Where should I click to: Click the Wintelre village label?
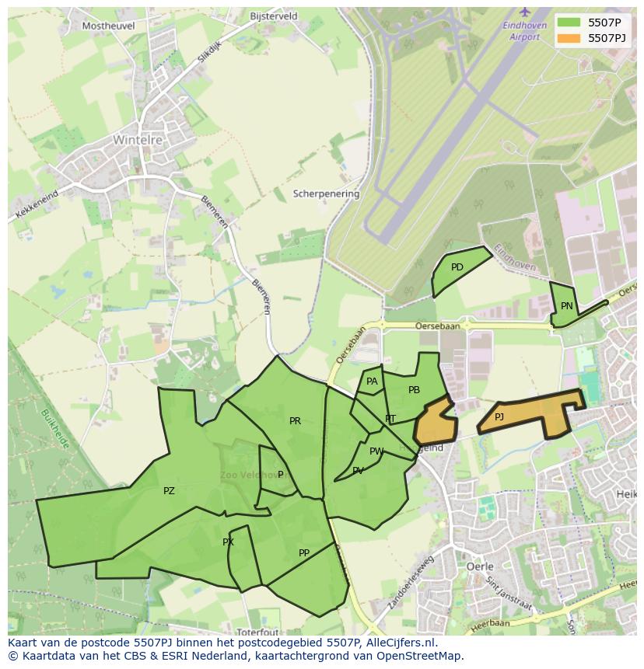coord(136,141)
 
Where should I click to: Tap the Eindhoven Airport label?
coord(521,31)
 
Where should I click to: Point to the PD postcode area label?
coord(457,267)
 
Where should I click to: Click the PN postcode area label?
coord(567,306)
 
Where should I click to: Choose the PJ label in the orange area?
coord(499,417)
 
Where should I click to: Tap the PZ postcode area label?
coord(169,491)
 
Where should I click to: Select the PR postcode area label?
coord(295,421)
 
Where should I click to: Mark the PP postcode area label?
coord(304,553)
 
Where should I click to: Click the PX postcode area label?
coord(228,542)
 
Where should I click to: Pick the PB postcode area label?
coord(414,390)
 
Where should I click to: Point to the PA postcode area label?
coord(372,382)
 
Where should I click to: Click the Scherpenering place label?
coord(326,193)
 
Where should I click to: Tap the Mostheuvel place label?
coord(108,26)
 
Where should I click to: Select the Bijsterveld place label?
coord(274,16)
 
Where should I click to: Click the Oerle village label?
coord(479,567)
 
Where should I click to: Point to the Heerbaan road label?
coord(491,624)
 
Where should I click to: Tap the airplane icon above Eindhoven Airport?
coord(525,11)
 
